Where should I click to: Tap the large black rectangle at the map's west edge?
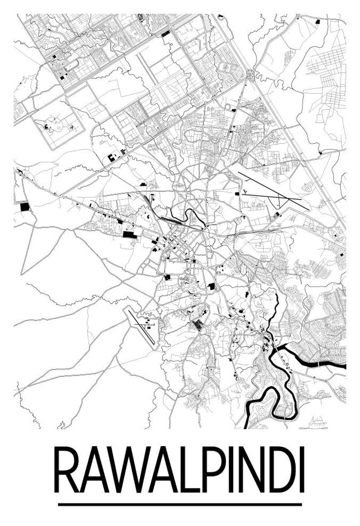coord(24,207)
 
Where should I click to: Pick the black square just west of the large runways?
coord(237,194)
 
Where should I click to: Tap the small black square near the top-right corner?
coord(317,21)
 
